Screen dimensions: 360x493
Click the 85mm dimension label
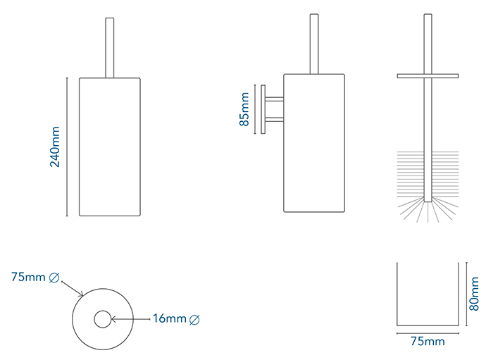(244, 109)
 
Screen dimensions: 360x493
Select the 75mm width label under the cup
(428, 342)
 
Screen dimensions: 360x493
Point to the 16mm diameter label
(169, 319)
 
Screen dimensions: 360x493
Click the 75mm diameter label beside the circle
(27, 278)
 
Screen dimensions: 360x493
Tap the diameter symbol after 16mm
(195, 320)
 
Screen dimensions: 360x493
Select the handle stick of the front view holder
(108, 46)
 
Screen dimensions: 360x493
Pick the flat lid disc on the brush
(427, 75)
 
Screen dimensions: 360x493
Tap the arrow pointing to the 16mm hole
(130, 319)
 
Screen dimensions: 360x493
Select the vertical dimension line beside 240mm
(67, 147)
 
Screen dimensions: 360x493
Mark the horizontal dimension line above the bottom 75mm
(427, 332)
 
